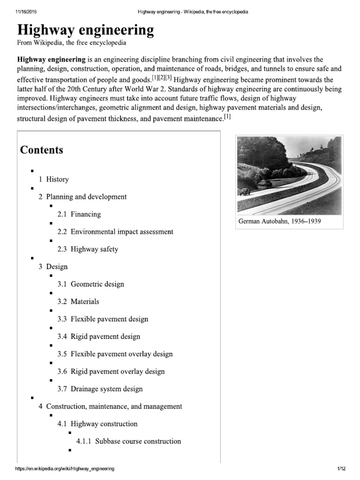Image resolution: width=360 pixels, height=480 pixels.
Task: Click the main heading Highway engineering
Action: coord(85,30)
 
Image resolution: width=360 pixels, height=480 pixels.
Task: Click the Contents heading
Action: coord(41,150)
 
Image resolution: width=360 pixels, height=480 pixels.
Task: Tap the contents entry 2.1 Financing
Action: coord(79,214)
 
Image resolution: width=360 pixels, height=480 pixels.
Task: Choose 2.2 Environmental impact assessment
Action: coord(115,232)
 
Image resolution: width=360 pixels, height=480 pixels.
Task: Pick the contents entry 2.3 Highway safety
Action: coord(88,249)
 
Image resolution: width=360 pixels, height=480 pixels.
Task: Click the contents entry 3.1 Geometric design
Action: coord(91,284)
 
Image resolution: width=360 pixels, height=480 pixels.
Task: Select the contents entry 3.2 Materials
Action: coord(78,301)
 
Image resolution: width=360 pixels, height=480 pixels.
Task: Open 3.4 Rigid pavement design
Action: coord(99,337)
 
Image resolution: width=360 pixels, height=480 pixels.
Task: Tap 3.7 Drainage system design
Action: coord(100,389)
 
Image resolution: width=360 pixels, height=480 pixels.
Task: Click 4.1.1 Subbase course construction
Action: coord(128,441)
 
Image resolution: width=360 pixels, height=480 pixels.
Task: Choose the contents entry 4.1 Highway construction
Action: coord(97,424)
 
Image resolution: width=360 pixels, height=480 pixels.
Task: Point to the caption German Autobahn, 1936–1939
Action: coord(280,221)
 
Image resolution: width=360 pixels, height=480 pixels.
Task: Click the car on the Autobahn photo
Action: coord(245,192)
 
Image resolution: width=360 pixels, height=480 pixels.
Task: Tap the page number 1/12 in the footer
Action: coord(340,469)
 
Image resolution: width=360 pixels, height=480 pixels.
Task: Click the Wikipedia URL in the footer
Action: coord(65,469)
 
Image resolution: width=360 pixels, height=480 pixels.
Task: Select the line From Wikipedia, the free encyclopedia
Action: coord(72,43)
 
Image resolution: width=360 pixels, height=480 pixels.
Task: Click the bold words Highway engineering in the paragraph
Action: coord(51,60)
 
